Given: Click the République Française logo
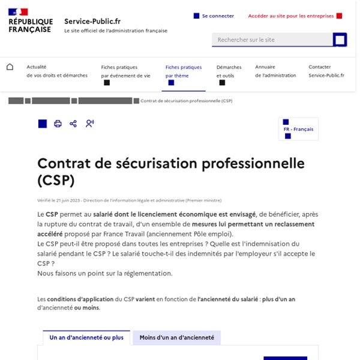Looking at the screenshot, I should [x=29, y=21].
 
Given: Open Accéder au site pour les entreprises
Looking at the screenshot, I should [x=291, y=16].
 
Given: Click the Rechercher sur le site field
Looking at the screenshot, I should [x=272, y=40].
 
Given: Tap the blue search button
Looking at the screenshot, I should [x=340, y=40].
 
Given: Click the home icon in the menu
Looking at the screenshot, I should [x=10, y=67].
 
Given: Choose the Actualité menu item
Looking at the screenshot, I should [x=57, y=71].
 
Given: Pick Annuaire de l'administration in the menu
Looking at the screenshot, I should [x=275, y=71].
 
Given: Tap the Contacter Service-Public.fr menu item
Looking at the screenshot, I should [x=326, y=71].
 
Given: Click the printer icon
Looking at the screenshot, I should [x=58, y=124].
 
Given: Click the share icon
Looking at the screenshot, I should [x=73, y=124].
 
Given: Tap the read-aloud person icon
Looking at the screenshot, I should [x=89, y=124].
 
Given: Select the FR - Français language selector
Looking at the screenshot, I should [x=298, y=129].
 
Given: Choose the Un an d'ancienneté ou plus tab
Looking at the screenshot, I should [x=86, y=338].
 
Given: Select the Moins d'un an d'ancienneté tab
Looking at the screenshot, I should [x=176, y=338].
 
